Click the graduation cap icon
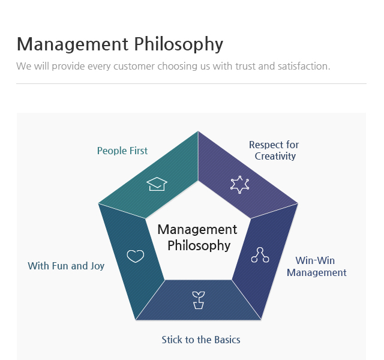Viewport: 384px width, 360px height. pyautogui.click(x=157, y=184)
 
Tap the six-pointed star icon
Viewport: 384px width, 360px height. pyautogui.click(x=239, y=184)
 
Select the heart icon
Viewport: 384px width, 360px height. pyautogui.click(x=136, y=256)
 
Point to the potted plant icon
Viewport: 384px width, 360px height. pyautogui.click(x=198, y=300)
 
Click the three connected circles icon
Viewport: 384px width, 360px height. pyautogui.click(x=260, y=255)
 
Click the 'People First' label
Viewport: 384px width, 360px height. pyautogui.click(x=122, y=151)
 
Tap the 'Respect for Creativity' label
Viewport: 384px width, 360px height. pyautogui.click(x=274, y=150)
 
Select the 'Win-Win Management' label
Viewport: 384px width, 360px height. pyautogui.click(x=316, y=266)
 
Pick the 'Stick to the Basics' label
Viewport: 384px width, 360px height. pyautogui.click(x=201, y=340)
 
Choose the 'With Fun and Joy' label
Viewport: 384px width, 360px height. pyautogui.click(x=66, y=265)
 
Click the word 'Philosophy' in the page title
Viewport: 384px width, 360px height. pyautogui.click(x=178, y=44)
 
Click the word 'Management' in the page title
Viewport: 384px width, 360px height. pyautogui.click(x=73, y=44)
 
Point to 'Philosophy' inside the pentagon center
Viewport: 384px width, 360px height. pyautogui.click(x=199, y=245)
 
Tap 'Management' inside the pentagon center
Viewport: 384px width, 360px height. pyautogui.click(x=197, y=229)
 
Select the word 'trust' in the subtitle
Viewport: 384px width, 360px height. pyautogui.click(x=245, y=65)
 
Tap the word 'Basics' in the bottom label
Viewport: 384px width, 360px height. pyautogui.click(x=226, y=340)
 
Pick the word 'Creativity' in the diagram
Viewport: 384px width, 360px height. pyautogui.click(x=275, y=156)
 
